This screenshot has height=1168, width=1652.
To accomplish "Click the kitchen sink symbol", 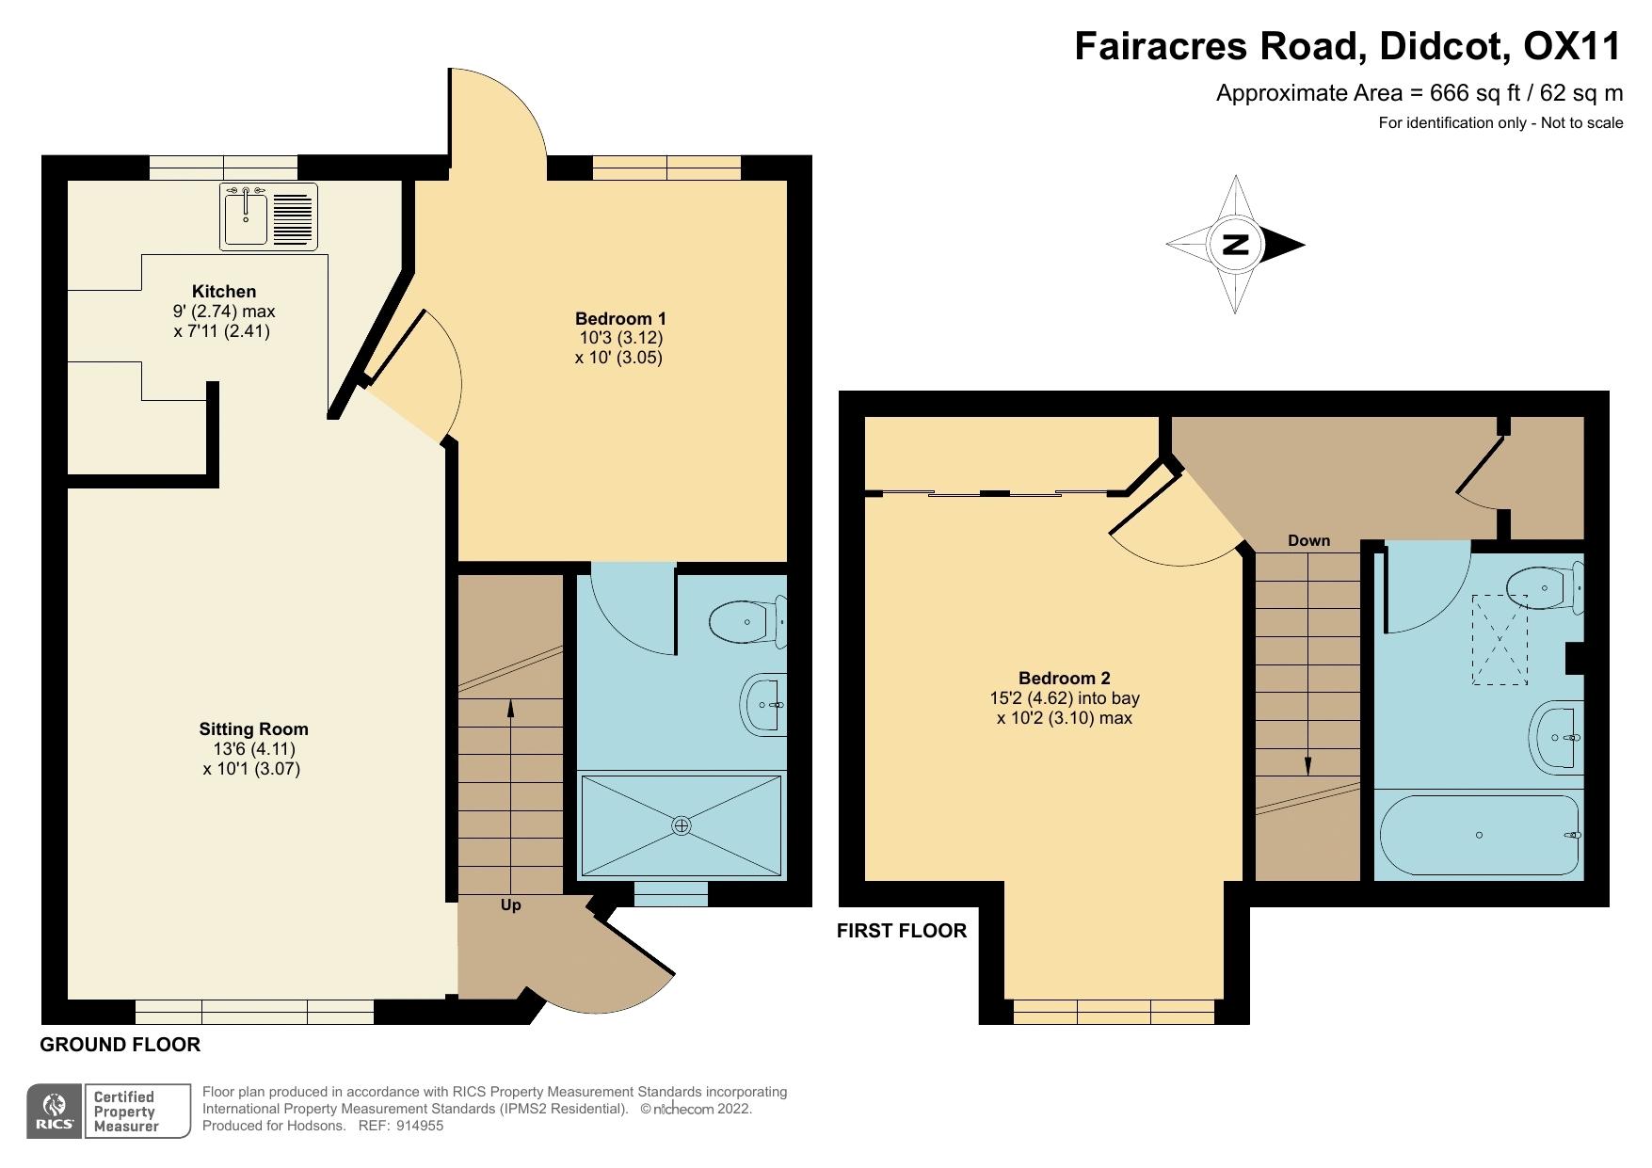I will click(x=269, y=217).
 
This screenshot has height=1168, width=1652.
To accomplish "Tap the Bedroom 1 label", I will click(x=620, y=318).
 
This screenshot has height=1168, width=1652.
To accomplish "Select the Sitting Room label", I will click(x=253, y=728).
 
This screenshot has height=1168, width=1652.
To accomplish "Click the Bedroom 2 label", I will click(x=1064, y=678).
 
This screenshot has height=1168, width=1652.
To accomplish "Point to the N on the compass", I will click(x=1235, y=245).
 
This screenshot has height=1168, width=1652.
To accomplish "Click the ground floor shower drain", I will click(x=682, y=825).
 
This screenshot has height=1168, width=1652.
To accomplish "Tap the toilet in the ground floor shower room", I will click(x=748, y=621).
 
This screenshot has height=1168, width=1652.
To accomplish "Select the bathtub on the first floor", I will click(x=1479, y=835).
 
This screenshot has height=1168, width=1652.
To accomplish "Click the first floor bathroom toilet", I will click(x=1545, y=588).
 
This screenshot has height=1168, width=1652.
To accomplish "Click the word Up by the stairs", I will click(x=510, y=904).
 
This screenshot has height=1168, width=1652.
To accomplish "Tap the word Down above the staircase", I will click(x=1308, y=540).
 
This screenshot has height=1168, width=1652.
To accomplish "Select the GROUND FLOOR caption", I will click(x=120, y=1044).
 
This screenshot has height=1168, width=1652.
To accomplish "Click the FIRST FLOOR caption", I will click(x=901, y=930).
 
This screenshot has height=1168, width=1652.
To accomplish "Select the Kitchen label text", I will click(x=224, y=291).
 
